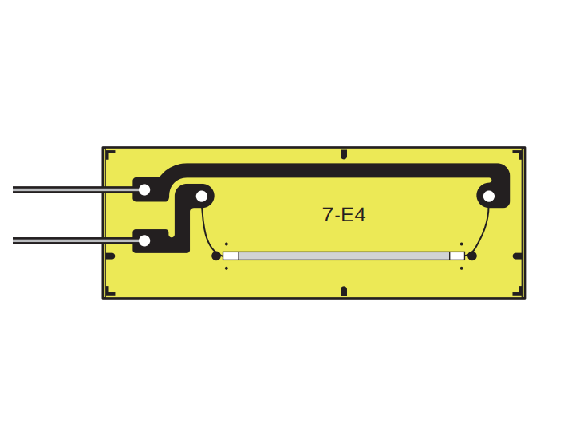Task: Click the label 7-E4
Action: [344, 215]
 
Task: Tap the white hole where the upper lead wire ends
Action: [144, 189]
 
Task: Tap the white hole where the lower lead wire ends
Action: [144, 240]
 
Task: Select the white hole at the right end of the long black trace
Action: [489, 197]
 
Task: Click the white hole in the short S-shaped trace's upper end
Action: [202, 197]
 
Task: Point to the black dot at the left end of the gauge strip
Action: [216, 256]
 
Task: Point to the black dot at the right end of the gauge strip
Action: [471, 256]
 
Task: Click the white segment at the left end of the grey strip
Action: [231, 256]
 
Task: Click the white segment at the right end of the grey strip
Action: [457, 256]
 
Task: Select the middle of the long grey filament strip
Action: [344, 256]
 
